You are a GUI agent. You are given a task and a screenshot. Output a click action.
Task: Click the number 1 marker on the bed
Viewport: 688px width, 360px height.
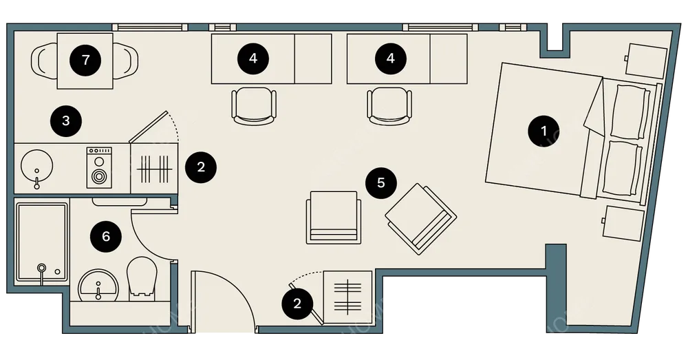pos(544,131)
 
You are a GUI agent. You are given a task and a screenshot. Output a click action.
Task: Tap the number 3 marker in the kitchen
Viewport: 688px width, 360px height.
pos(66,120)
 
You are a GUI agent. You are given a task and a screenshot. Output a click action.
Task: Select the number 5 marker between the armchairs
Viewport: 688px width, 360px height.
pos(381,182)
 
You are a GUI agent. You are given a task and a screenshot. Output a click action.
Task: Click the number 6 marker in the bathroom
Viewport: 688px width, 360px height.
pos(106,237)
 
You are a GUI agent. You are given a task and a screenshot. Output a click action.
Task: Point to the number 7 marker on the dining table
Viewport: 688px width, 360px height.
pos(85,59)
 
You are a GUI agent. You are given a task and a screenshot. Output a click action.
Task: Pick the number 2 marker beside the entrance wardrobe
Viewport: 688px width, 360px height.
pos(297,304)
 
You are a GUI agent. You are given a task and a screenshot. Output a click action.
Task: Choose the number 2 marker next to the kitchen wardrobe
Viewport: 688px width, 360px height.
pos(201,167)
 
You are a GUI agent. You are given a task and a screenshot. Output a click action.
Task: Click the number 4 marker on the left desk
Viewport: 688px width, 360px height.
pos(253,59)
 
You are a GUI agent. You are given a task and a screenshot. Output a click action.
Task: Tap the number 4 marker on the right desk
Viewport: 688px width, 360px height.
pos(391,59)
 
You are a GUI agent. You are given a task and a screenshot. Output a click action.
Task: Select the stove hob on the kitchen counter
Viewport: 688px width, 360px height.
pos(98,168)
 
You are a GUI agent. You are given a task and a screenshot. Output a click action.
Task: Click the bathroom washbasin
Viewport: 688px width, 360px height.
pos(98,286)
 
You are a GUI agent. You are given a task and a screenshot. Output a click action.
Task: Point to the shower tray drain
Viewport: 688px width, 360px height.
pos(42,267)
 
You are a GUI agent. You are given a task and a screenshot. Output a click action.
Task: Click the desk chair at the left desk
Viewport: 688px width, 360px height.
pos(254,106)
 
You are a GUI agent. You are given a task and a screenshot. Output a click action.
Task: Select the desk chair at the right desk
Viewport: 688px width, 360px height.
pos(389,106)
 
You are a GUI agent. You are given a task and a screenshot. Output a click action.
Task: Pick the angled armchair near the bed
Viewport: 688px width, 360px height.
pos(421,219)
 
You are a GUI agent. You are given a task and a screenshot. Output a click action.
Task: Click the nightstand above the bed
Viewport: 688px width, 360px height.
pos(646,61)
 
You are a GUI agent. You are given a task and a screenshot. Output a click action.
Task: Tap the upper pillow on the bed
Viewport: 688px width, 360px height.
pos(630,112)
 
